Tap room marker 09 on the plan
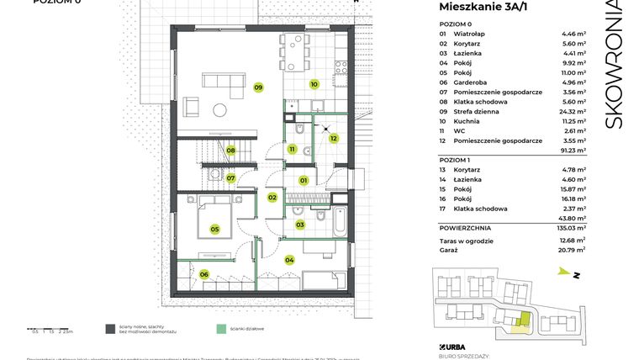coord(259,87)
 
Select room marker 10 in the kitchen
coord(313,84)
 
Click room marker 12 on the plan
coord(334,139)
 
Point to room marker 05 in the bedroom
coord(214,229)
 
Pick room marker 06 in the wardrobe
coord(203,274)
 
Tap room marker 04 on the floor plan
coord(290,260)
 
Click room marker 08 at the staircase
coord(230,151)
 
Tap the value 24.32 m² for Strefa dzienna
coord(573,111)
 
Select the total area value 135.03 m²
coord(573,228)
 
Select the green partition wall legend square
coord(221,330)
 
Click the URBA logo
coord(455,346)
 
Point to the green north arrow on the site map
coord(561,272)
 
